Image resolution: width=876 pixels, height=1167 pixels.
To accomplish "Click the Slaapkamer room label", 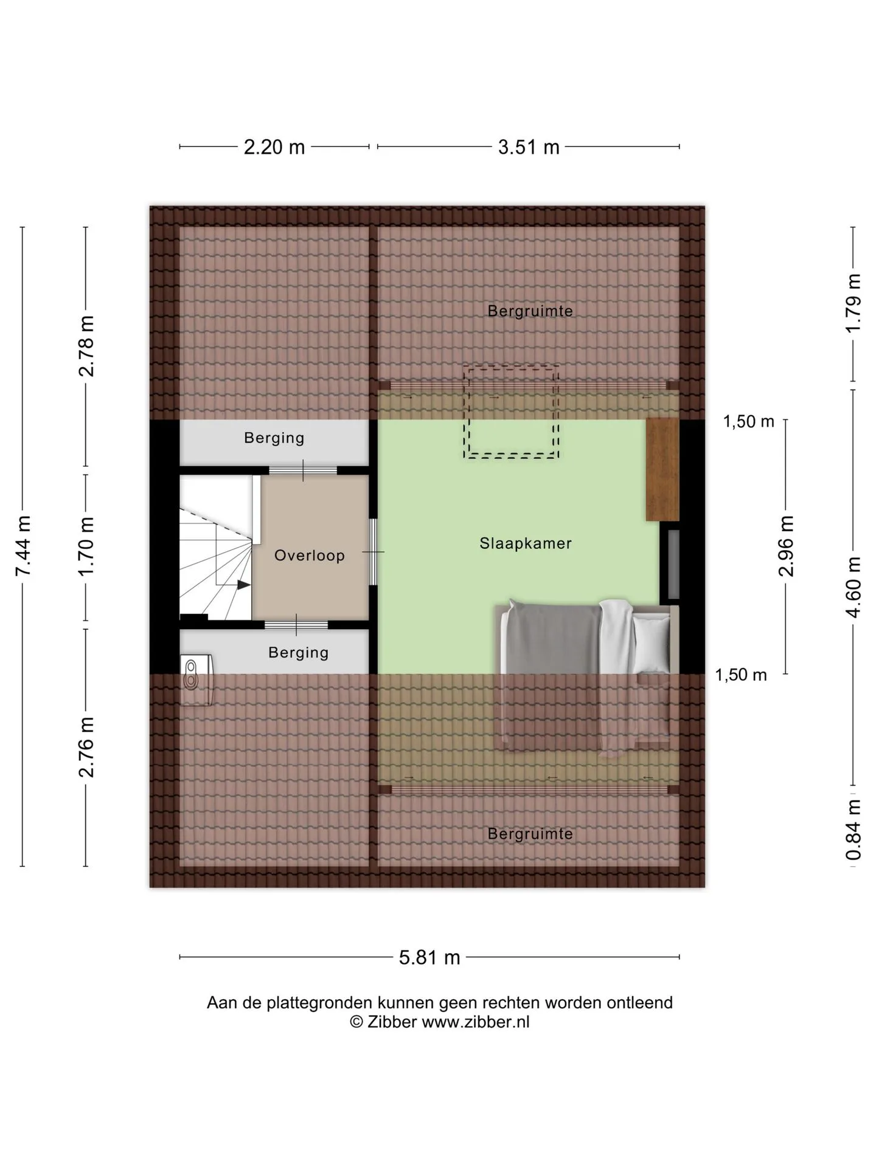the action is tap(526, 543).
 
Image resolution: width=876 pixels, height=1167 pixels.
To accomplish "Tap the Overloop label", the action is tap(310, 555).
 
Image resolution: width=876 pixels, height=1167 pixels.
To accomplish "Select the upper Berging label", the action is tap(274, 438).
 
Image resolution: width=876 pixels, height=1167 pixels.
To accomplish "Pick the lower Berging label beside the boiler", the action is tap(299, 652).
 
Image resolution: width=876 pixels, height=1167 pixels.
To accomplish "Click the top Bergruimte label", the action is tap(530, 311).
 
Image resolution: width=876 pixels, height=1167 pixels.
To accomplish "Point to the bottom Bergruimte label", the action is tap(530, 833).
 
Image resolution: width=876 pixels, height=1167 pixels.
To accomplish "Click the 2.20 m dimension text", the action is tap(274, 147).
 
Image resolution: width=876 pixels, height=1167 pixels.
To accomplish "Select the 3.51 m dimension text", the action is tap(529, 147).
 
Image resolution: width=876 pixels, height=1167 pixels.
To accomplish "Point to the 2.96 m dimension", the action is tap(787, 546).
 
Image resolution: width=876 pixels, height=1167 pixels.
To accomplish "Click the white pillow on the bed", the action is tap(651, 644).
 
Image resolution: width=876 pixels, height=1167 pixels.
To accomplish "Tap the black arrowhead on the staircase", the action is tap(243, 585).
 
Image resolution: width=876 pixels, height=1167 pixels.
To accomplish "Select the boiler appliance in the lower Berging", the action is tap(196, 680).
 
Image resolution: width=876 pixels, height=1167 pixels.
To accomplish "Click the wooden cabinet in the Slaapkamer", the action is tap(662, 469).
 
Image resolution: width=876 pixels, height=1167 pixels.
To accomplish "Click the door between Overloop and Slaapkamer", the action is tap(374, 552).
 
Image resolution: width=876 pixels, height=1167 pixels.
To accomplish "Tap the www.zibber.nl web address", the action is tap(476, 1022).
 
